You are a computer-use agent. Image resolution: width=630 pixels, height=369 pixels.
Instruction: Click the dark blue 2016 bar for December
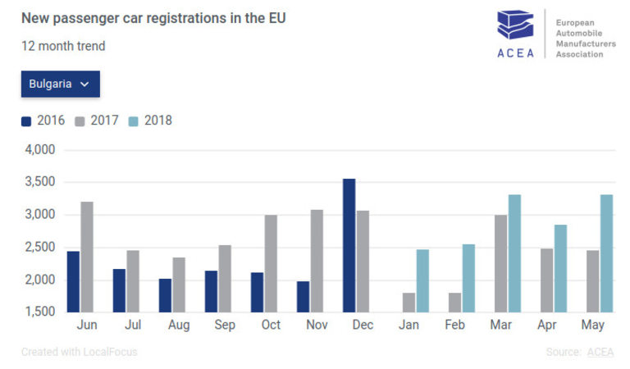pos(349,245)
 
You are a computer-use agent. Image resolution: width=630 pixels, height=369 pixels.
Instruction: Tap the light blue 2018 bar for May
pos(606,253)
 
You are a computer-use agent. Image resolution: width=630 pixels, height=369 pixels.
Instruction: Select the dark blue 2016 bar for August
pos(166,295)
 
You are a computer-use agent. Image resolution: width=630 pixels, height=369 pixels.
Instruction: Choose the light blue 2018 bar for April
pos(560,268)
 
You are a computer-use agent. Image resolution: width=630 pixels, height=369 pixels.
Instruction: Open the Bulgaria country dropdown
pos(60,84)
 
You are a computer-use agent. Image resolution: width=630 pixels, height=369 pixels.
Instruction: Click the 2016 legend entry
pos(43,121)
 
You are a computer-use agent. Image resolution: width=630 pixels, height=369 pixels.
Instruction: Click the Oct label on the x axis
pos(271,326)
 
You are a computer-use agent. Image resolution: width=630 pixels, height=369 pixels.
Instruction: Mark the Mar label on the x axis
pos(501,326)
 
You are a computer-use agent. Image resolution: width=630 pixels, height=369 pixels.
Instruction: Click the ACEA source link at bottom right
pos(600,353)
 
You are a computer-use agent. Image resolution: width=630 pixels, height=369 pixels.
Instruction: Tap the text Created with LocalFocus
pos(80,353)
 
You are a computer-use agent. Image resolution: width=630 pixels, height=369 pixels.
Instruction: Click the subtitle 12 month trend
pos(63,46)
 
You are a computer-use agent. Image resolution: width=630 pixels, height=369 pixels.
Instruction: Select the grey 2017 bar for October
pos(271,263)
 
